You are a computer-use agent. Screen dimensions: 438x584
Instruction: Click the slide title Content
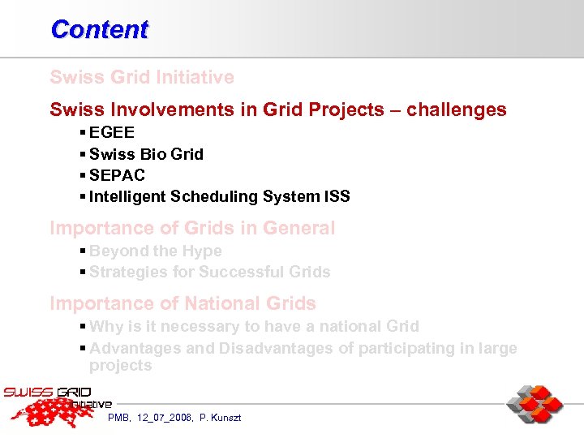[99, 29]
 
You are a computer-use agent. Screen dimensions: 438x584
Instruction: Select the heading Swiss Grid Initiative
[142, 78]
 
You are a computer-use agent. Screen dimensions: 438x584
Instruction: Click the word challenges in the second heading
[455, 109]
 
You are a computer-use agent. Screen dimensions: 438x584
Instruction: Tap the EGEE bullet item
[112, 132]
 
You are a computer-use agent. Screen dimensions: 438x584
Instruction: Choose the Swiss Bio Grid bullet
[146, 154]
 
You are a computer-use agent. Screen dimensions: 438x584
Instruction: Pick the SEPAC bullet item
[117, 175]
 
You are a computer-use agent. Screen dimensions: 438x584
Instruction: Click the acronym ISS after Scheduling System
[337, 196]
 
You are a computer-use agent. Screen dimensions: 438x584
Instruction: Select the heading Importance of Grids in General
[192, 229]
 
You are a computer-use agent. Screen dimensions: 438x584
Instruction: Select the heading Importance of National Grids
[182, 304]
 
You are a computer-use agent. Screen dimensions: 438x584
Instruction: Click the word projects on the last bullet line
[120, 366]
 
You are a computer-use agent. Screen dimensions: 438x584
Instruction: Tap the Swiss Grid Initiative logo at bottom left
[57, 406]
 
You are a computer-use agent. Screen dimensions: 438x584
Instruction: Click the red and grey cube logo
[535, 404]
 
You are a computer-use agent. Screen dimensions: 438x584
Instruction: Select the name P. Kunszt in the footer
[220, 418]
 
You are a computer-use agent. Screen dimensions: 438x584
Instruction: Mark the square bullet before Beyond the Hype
[84, 251]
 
